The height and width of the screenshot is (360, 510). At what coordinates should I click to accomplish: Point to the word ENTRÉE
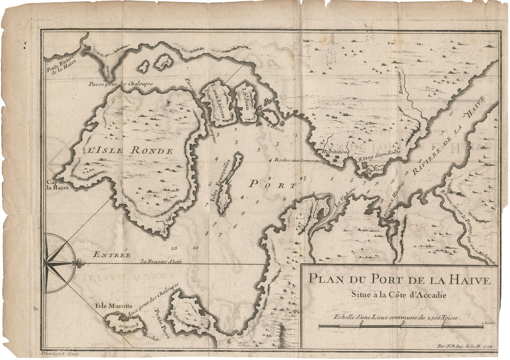point(112,254)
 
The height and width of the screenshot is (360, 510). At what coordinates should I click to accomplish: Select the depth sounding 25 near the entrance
point(173,248)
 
